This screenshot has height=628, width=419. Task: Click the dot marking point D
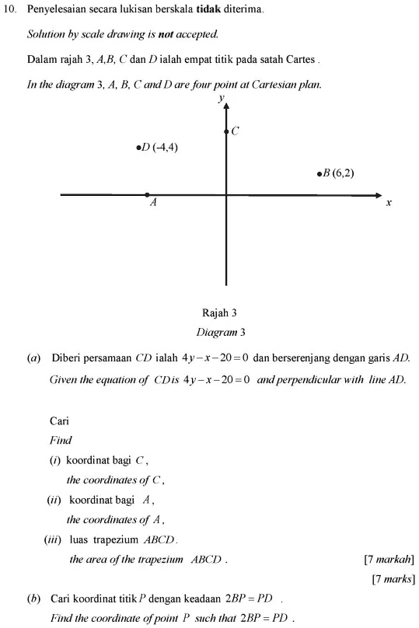coord(138,146)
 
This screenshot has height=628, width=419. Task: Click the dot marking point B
coord(319,174)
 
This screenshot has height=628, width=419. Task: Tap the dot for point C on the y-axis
coord(226,132)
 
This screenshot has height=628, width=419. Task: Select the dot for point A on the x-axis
coord(147,194)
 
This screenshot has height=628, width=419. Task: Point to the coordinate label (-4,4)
coord(166,146)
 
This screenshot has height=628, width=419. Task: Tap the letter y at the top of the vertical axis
coord(222,98)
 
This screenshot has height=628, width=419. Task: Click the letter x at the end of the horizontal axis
coord(389,202)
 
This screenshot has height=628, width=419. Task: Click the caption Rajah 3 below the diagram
coord(219,313)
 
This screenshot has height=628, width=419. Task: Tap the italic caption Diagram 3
coord(221,332)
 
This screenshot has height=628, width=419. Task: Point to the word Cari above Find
coord(60,421)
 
